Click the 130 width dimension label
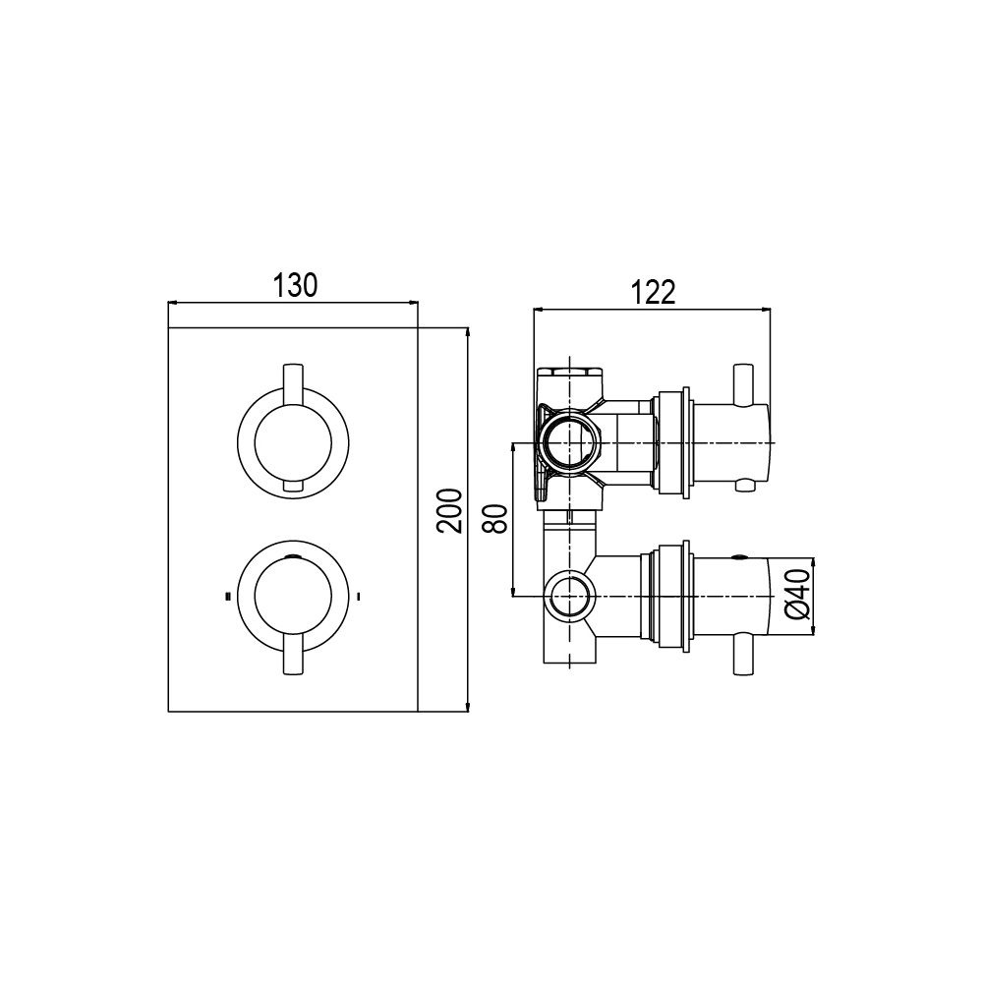pyautogui.click(x=295, y=286)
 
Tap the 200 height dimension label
pyautogui.click(x=450, y=511)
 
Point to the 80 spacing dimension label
pyautogui.click(x=495, y=518)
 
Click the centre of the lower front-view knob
pyautogui.click(x=293, y=597)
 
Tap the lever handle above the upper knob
pyautogui.click(x=293, y=383)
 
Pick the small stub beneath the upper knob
pyautogui.click(x=293, y=487)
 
